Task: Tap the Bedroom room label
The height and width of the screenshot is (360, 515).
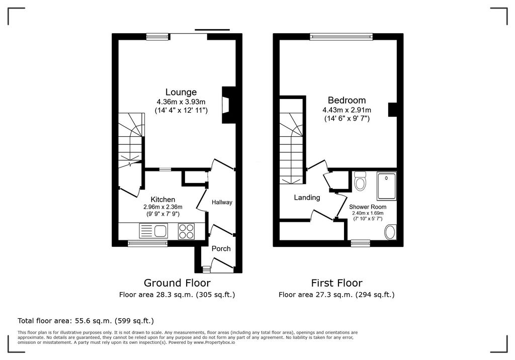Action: pyautogui.click(x=347, y=100)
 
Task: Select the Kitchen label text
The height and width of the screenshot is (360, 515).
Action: pyautogui.click(x=162, y=200)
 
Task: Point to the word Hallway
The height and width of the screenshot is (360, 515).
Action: pyautogui.click(x=222, y=202)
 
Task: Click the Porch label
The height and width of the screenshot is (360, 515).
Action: pyautogui.click(x=221, y=249)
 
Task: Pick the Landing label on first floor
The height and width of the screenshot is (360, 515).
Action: pyautogui.click(x=307, y=198)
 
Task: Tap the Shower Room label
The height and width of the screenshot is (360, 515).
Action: pyautogui.click(x=368, y=207)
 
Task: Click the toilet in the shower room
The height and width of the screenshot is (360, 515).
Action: pyautogui.click(x=360, y=181)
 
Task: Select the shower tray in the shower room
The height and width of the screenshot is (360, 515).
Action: pyautogui.click(x=387, y=186)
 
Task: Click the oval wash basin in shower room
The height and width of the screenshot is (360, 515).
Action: pyautogui.click(x=390, y=232)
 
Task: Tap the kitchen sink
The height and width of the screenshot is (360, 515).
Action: pyautogui.click(x=153, y=231)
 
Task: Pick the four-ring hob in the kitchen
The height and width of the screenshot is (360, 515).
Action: pyautogui.click(x=186, y=231)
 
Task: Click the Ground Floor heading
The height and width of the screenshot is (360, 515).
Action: pyautogui.click(x=177, y=283)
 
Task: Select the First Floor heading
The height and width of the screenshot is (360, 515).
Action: pyautogui.click(x=336, y=283)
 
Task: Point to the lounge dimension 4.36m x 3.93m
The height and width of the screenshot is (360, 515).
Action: pyautogui.click(x=181, y=102)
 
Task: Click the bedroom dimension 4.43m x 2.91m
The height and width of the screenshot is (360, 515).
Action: pyautogui.click(x=347, y=110)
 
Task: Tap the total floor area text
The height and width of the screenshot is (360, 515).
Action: pyautogui.click(x=85, y=321)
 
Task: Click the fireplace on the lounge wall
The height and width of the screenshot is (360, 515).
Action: pyautogui.click(x=229, y=105)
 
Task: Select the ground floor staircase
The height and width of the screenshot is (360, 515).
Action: pyautogui.click(x=131, y=141)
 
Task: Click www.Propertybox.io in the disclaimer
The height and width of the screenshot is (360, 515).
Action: pyautogui.click(x=214, y=342)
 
